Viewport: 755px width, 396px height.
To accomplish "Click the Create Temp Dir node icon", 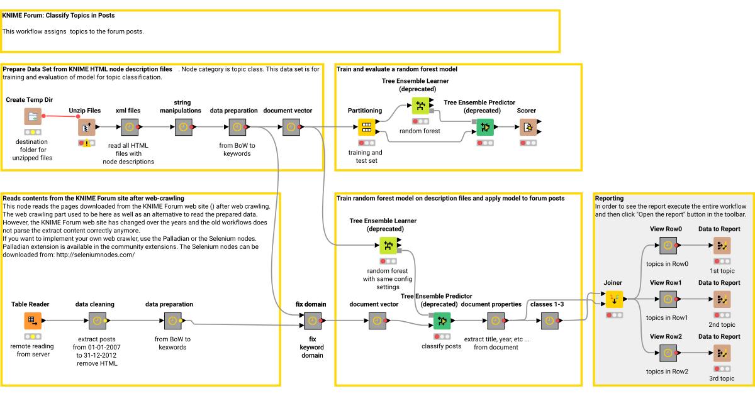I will [33, 116].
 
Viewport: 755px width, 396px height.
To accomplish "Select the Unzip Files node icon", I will [86, 128].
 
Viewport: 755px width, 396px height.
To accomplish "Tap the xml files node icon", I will [129, 127].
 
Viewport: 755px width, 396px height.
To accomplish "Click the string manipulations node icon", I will [183, 127].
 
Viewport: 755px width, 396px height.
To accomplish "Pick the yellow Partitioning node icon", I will [366, 128].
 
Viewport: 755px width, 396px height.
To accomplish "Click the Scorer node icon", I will [527, 128].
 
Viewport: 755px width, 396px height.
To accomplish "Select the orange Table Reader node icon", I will [33, 321].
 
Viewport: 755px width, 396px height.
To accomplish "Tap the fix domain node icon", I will [312, 321].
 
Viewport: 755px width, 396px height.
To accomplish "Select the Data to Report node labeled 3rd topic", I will [720, 353].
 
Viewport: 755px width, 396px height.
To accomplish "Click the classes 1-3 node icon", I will [549, 321].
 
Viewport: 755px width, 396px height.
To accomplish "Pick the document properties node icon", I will [495, 321].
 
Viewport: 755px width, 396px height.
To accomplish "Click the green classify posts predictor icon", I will [442, 321].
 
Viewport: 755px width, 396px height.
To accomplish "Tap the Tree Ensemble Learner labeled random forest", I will [420, 106].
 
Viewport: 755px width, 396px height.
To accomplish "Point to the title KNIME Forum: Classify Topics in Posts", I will [59, 15].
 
